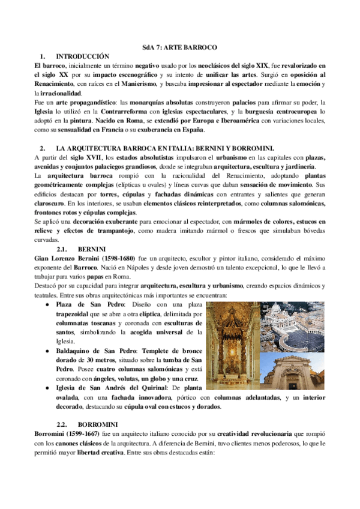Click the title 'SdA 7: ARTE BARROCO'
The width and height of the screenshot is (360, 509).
[x=179, y=47]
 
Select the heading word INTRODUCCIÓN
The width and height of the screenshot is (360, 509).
[x=80, y=55]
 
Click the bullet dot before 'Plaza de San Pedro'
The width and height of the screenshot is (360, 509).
[x=46, y=305]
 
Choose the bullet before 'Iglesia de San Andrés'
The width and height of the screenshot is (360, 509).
[x=46, y=388]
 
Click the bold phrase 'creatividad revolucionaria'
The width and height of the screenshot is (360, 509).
[x=263, y=434]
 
